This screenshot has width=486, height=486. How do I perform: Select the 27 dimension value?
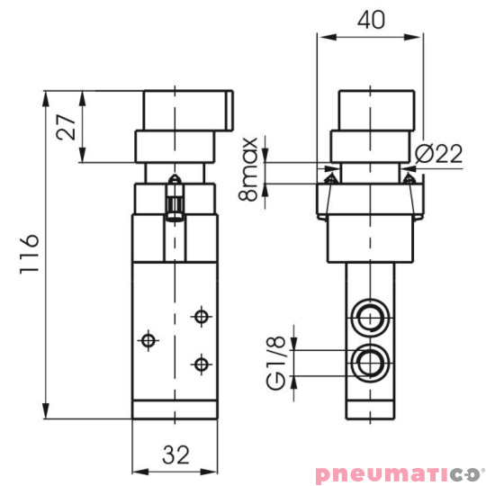click(65, 127)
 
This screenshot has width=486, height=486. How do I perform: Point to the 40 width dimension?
click(369, 18)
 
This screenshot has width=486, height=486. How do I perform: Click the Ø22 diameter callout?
click(441, 154)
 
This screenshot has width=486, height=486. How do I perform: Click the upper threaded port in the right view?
click(368, 317)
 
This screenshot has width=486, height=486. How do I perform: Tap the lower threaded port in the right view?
click(368, 362)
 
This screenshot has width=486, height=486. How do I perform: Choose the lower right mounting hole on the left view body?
click(201, 363)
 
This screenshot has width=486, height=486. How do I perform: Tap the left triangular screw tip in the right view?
click(329, 180)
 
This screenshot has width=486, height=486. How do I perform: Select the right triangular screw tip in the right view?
click(409, 180)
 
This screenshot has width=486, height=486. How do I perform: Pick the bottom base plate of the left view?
click(175, 410)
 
